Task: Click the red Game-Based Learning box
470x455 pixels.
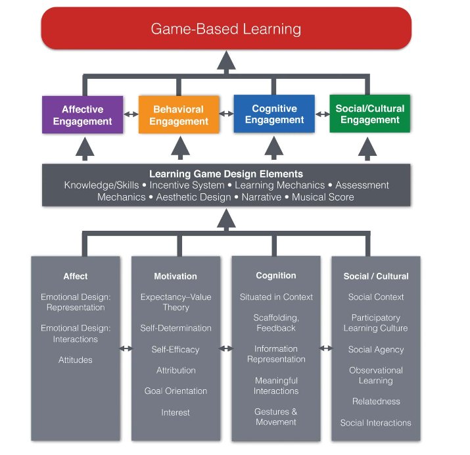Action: [226, 28]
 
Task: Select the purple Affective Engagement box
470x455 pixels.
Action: [82, 114]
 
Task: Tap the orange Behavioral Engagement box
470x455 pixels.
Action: [178, 115]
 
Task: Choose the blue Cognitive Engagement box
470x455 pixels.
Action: [274, 114]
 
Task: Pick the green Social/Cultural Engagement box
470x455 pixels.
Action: [370, 114]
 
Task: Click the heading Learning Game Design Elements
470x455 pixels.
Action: [226, 174]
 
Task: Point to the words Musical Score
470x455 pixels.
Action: [323, 197]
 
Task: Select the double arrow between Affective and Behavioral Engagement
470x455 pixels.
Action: [131, 114]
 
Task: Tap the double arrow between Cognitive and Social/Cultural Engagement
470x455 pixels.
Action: [322, 114]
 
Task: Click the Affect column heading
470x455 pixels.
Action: [76, 276]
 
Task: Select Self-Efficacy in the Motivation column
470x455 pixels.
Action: [176, 349]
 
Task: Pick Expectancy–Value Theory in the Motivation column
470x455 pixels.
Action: [176, 302]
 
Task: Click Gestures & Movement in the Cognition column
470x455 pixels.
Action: [276, 417]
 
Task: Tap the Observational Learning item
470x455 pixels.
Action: [376, 375]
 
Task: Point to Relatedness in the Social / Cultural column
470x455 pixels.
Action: [376, 401]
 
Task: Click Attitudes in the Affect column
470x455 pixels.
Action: [76, 360]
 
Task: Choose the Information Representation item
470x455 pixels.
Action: [276, 354]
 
